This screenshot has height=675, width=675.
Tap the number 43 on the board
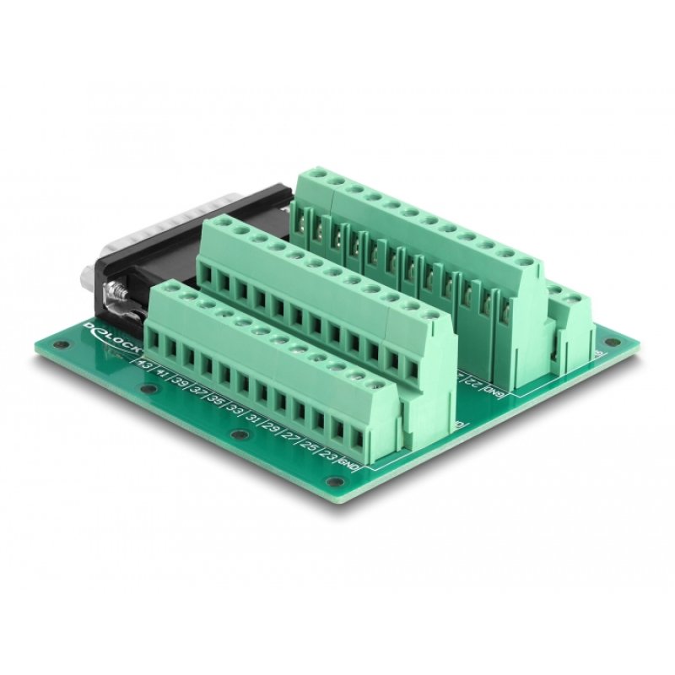pyautogui.click(x=144, y=365)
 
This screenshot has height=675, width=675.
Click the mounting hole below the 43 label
pyautogui.click(x=149, y=390)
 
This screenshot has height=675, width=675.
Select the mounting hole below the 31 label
pyautogui.click(x=239, y=433)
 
